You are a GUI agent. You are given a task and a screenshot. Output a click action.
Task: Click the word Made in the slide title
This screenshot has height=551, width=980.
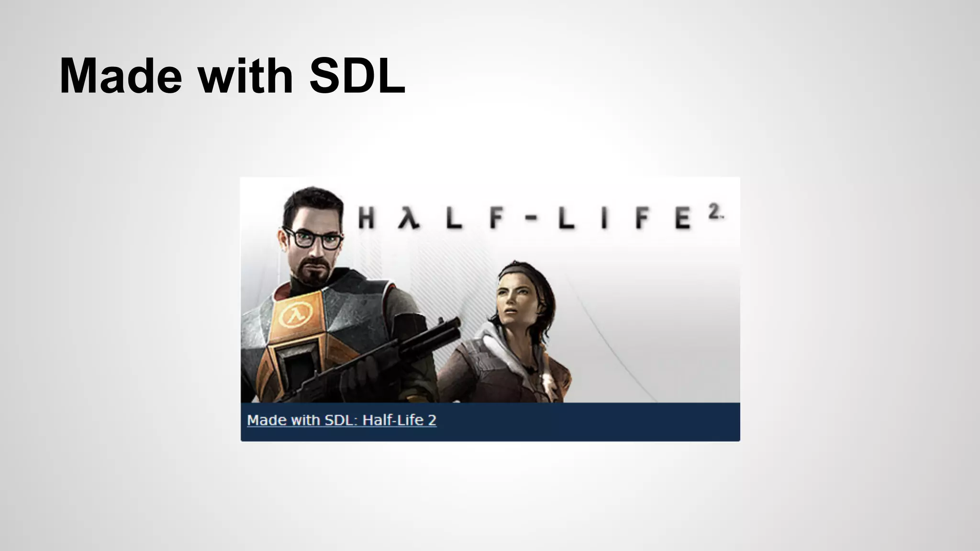point(121,77)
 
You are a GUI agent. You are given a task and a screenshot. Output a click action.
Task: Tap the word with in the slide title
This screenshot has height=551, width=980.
point(245,77)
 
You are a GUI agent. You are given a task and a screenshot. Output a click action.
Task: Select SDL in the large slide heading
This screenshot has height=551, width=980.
point(357,77)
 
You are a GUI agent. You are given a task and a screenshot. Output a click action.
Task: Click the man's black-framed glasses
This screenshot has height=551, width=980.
point(313,238)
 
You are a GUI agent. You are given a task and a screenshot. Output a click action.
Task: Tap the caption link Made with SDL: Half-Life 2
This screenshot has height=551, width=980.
point(342,420)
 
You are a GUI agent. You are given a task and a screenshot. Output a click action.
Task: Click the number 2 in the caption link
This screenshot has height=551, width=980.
point(432,420)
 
